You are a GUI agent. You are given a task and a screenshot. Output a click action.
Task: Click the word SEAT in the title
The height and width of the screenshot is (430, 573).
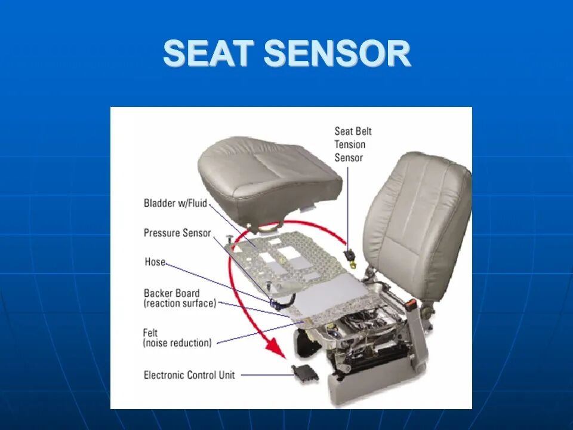[x=209, y=53]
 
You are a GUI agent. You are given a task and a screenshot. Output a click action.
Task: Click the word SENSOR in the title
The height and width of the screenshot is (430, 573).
[x=337, y=53]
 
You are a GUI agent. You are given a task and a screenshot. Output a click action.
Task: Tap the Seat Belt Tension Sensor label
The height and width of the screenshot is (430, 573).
[x=353, y=145]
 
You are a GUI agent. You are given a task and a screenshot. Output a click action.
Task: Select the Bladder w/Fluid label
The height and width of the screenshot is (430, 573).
[x=175, y=203]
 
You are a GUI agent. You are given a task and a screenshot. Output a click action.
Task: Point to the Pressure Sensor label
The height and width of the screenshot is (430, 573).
[x=177, y=233]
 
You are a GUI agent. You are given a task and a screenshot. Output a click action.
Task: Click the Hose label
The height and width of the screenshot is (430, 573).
[x=155, y=262]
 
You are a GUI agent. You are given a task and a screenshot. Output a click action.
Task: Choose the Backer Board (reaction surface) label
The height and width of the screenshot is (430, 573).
[x=180, y=299]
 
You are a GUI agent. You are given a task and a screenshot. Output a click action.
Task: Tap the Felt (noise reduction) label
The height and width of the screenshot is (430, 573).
[x=177, y=338]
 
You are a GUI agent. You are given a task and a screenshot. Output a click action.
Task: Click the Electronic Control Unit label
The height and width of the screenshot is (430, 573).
[x=189, y=375]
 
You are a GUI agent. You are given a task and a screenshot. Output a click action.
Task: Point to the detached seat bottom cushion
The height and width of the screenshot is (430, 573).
[x=270, y=182]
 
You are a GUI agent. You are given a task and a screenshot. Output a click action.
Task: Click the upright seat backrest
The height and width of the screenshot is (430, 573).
[x=417, y=223]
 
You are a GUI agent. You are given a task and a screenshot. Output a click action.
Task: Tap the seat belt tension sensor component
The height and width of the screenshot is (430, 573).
[x=350, y=256]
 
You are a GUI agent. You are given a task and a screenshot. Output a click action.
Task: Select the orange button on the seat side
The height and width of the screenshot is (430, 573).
[x=412, y=302]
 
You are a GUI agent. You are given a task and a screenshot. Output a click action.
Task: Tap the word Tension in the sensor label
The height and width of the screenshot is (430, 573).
[x=350, y=145]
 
